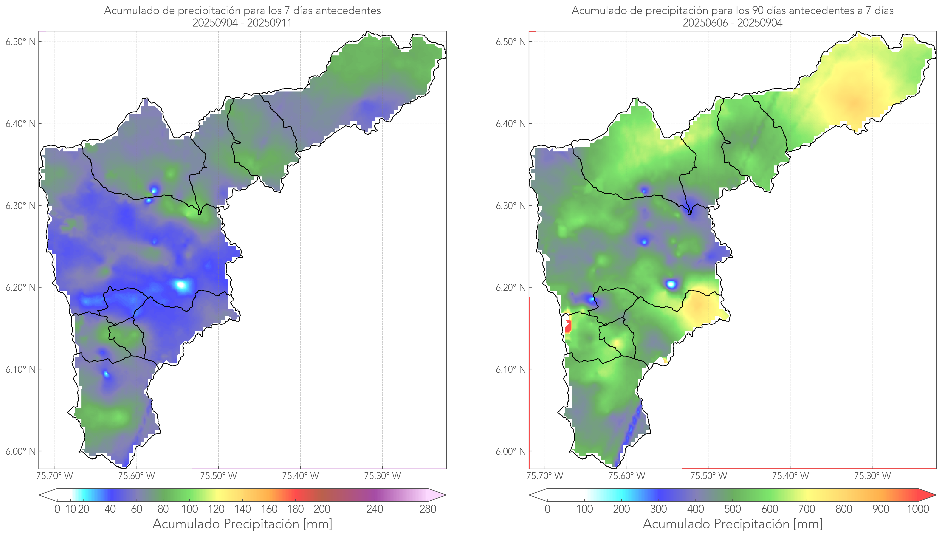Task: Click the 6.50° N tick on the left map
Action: [20, 42]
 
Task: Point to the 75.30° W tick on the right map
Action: [872, 476]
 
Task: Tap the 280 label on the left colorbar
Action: [428, 509]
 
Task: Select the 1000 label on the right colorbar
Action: [918, 509]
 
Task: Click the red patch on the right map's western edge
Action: [568, 326]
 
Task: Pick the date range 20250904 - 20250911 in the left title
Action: [242, 23]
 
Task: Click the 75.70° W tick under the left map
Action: [55, 476]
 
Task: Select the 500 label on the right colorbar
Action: [732, 509]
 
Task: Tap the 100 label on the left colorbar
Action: [190, 509]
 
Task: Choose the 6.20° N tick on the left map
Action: [20, 288]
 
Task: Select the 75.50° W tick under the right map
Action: [709, 476]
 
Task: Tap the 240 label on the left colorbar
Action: [375, 509]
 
